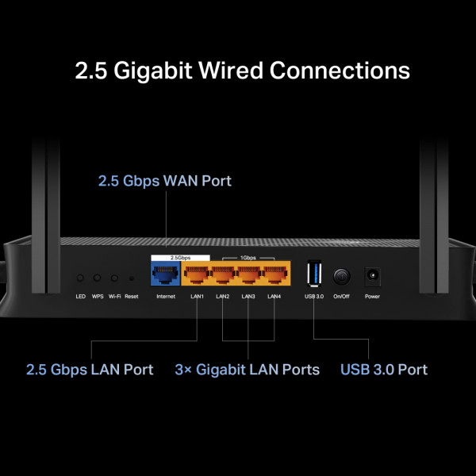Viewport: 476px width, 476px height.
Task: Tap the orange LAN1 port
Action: [x=197, y=276]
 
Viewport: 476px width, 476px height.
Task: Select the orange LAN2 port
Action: [x=222, y=276]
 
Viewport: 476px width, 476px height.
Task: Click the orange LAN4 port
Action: [x=274, y=276]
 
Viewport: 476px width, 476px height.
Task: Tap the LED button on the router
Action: [x=80, y=278]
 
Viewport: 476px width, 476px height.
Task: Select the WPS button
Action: [x=98, y=278]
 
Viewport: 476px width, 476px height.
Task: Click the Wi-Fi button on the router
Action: [x=115, y=278]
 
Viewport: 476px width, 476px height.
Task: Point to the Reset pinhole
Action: [x=131, y=278]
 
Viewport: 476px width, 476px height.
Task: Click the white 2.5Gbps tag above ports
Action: [x=180, y=258]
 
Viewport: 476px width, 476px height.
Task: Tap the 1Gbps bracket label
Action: [x=248, y=258]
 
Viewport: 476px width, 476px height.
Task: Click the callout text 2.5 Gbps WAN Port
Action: [x=165, y=181]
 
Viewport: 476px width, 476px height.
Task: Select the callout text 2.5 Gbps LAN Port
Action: [x=90, y=370]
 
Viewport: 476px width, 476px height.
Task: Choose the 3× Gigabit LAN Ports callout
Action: [x=247, y=370]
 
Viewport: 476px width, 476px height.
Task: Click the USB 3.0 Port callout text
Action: [x=384, y=370]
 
